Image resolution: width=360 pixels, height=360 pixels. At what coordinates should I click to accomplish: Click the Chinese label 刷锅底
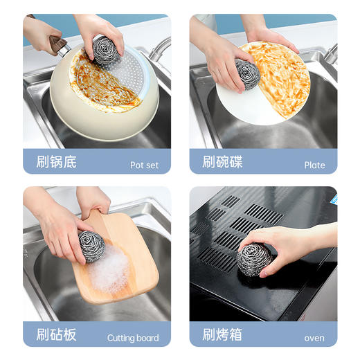[x=56, y=163]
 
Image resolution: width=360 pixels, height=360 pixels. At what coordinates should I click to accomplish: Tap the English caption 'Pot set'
[x=144, y=165]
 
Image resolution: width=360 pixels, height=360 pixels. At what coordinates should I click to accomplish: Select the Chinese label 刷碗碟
[x=222, y=163]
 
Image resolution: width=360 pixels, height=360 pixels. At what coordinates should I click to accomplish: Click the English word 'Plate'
[x=314, y=165]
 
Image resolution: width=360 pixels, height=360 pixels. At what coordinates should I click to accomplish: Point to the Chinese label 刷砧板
[x=56, y=335]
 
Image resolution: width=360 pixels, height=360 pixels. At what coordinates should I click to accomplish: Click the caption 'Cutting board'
[x=132, y=339]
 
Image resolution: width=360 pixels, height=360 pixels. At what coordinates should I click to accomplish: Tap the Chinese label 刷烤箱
[x=222, y=335]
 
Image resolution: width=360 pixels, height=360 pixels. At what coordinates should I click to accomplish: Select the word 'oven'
[x=314, y=339]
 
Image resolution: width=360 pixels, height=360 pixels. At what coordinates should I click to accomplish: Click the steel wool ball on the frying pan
[x=107, y=51]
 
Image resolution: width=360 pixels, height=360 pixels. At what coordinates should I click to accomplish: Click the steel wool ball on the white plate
[x=247, y=74]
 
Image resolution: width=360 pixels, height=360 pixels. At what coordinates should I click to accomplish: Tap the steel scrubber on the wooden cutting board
[x=91, y=246]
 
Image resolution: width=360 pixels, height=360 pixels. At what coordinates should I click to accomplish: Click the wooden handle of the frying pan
[x=56, y=43]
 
